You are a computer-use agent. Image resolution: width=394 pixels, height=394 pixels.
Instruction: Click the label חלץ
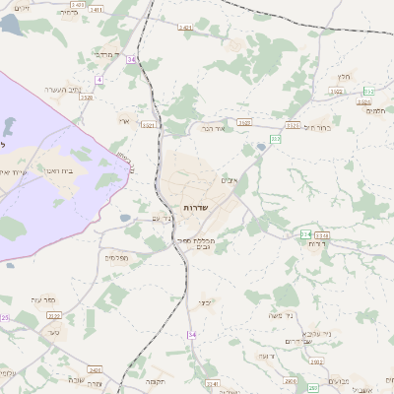coord(344,76)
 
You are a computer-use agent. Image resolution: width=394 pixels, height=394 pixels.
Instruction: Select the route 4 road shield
coord(98,78)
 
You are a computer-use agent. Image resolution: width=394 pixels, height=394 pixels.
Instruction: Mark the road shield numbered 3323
coord(337,91)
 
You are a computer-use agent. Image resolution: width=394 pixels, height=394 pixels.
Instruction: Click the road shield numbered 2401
coord(186,28)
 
